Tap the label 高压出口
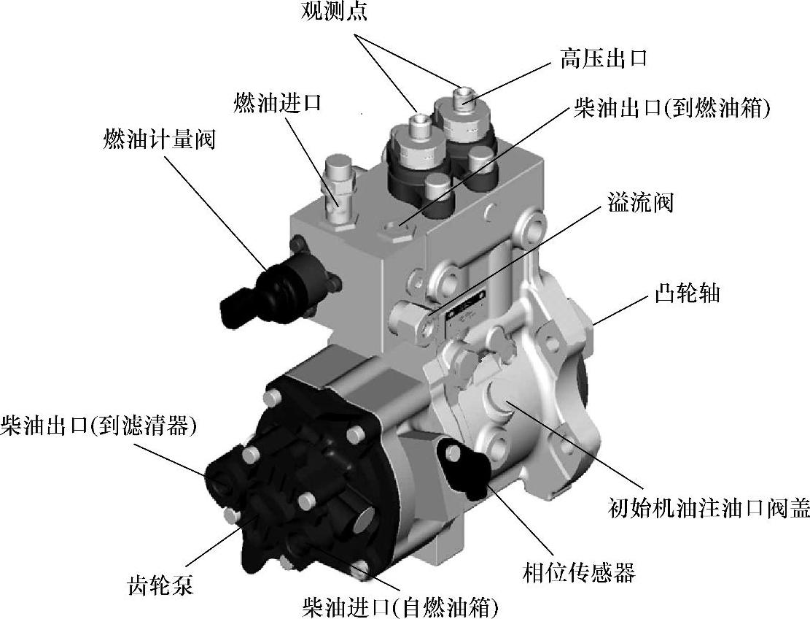(604, 58)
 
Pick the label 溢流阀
(640, 202)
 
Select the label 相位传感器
(579, 572)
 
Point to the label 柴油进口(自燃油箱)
(402, 606)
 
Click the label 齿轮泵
(160, 585)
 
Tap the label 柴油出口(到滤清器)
(99, 425)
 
